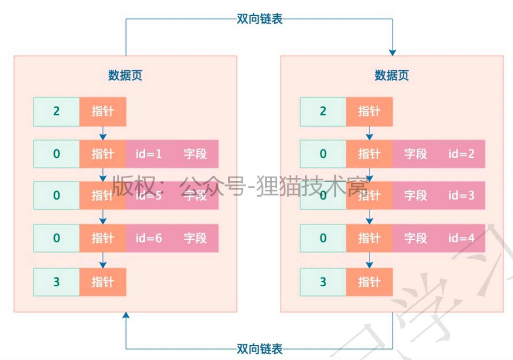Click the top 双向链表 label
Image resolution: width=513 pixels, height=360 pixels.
259,19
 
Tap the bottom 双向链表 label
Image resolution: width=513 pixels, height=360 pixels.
259,349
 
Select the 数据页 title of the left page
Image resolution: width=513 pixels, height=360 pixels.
125,75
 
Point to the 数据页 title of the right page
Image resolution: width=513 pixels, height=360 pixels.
392,75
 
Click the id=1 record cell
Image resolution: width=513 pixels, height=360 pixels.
149,154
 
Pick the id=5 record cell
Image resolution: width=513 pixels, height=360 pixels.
149,196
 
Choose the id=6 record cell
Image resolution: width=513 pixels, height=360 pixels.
149,238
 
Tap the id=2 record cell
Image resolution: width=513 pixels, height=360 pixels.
461,154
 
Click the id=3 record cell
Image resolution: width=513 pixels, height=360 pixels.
461,196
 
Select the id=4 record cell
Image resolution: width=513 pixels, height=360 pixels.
461,238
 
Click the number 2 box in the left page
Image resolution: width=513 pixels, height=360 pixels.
56,112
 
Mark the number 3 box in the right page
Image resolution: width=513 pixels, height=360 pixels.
323,282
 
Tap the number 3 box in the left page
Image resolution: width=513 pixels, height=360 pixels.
56,282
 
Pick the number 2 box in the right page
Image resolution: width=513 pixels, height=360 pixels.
323,112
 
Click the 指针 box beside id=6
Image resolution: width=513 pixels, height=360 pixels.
103,238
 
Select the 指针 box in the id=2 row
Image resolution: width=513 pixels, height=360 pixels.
369,154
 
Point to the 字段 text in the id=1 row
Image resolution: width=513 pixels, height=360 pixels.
195,154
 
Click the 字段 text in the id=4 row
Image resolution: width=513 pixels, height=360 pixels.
415,238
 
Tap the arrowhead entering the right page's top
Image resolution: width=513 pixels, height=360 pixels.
392,53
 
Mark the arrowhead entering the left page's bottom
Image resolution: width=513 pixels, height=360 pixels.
126,315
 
